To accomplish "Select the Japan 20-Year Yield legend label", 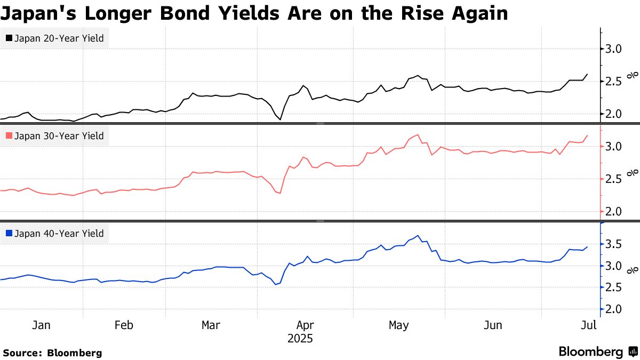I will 59,38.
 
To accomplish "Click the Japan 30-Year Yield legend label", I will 59,136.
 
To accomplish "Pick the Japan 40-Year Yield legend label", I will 59,233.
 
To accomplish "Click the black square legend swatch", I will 9,38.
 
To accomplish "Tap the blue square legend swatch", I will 9,233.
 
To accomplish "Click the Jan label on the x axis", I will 42,325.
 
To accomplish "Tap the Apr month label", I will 305,325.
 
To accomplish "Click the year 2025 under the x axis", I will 300,339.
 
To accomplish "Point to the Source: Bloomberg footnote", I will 52,353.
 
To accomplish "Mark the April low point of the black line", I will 280,119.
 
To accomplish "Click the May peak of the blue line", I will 419,236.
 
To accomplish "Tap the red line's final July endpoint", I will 587,135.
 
